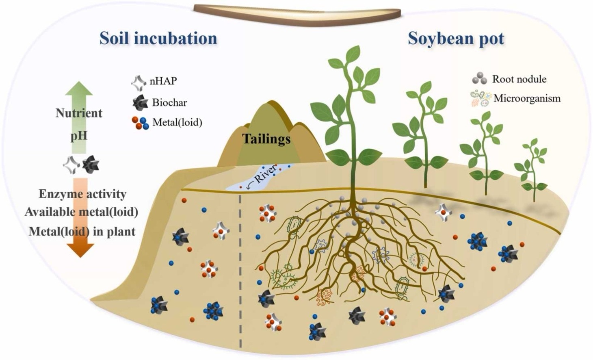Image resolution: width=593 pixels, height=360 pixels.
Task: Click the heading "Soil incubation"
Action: tap(158, 38)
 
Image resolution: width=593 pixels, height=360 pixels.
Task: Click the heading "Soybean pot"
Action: tap(456, 38)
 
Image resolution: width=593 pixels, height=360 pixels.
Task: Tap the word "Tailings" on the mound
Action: tap(266, 139)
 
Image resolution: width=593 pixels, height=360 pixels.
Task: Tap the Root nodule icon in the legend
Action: tap(480, 79)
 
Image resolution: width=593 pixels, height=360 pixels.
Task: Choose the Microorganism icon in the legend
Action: tap(480, 98)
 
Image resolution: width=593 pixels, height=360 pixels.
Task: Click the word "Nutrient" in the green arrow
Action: tap(79, 113)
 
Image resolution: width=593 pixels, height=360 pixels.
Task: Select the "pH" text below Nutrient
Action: tap(79, 135)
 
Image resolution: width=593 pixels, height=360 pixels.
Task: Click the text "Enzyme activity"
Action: tap(82, 194)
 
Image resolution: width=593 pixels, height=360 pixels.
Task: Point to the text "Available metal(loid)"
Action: tap(81, 212)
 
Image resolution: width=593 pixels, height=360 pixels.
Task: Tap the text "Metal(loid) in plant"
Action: tap(82, 231)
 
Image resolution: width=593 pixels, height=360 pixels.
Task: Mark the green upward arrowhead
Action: tap(79, 89)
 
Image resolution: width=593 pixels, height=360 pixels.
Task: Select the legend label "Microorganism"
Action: tap(527, 98)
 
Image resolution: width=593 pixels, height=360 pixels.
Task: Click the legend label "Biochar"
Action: tap(169, 103)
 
